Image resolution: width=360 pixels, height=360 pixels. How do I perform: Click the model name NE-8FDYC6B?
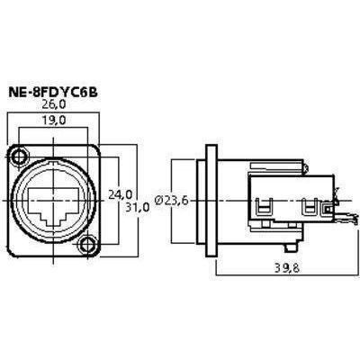(x=53, y=92)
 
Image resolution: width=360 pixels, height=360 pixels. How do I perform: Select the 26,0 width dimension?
(x=53, y=104)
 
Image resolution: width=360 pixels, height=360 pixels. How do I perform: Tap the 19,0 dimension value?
(x=53, y=121)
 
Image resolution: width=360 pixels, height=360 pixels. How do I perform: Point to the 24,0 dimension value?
(x=120, y=195)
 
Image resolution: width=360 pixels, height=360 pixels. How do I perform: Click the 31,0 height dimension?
(x=137, y=207)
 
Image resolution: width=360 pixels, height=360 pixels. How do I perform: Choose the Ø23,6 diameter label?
(x=172, y=201)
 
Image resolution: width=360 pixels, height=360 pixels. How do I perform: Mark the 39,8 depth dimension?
(x=287, y=268)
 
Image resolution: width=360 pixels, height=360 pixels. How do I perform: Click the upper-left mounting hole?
(x=21, y=157)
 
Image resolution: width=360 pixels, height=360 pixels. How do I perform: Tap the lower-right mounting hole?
(x=86, y=245)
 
